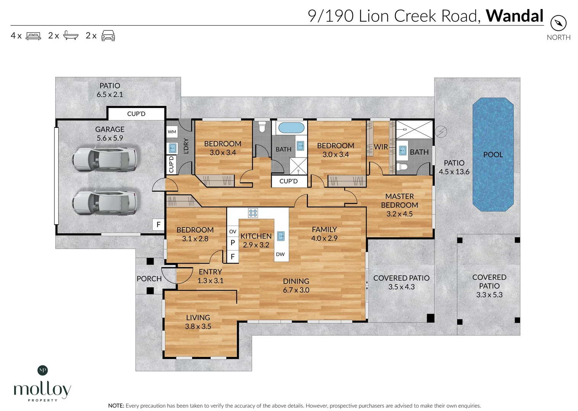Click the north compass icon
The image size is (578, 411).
coord(558,23)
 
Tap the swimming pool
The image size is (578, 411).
coord(493,154)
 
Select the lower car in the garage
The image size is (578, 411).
coord(104,202)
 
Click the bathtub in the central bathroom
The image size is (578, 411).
coord(291,127)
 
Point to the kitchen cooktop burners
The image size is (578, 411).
coord(253,213)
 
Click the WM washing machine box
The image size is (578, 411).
coord(172,132)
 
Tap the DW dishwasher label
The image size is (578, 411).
coord(280,254)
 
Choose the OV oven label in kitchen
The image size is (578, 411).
coord(232,231)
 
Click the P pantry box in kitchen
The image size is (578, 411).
coord(232,243)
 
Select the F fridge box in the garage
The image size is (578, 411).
coord(159,225)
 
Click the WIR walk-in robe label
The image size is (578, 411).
coord(381,147)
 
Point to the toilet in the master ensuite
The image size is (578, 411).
coord(402,167)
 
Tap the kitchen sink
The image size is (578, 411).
coord(281,236)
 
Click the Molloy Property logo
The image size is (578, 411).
coord(42,384)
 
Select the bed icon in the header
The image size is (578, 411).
coord(34,36)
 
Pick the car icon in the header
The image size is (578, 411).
coord(108,35)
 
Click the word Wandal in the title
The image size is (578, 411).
coord(514,16)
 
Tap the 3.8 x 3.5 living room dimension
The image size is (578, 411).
coord(198,327)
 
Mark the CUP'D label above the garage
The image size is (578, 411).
coord(136,114)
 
